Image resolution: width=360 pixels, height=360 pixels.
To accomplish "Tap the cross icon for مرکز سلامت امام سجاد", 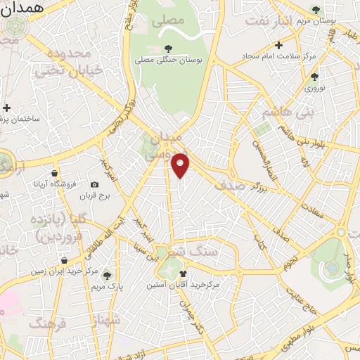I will pos(279,45).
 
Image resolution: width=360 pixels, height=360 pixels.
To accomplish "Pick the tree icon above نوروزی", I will pos(314,77).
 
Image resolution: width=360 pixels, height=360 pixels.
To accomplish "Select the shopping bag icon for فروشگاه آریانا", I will pos(55,173).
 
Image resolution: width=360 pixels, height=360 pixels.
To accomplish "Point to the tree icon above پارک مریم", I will pos(107,276).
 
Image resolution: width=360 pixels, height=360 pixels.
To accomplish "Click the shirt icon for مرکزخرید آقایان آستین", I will pos(184,274).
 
